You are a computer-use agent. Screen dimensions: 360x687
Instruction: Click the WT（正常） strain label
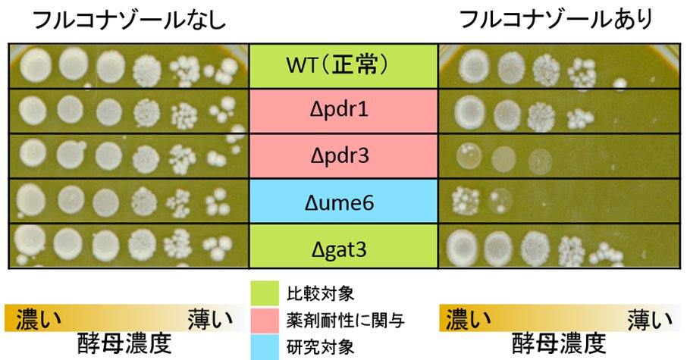pos(343,66)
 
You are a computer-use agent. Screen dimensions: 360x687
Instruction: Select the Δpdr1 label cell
pos(343,111)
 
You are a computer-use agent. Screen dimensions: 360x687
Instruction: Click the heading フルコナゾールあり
pos(557,21)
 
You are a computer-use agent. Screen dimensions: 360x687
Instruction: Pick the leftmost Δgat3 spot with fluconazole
pos(464,246)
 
